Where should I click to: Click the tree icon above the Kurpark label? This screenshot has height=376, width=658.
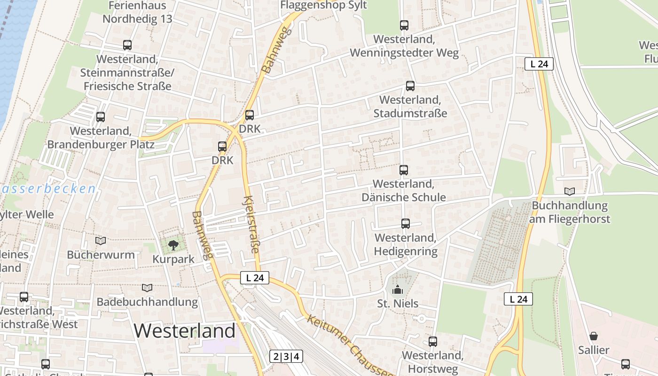click(x=173, y=244)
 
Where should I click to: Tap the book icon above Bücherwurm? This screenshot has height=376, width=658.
click(x=101, y=241)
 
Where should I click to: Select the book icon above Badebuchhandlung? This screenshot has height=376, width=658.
click(x=147, y=288)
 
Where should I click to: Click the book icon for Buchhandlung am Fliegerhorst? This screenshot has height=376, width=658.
click(x=570, y=191)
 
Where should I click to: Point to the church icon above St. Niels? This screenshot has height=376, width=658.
click(x=398, y=289)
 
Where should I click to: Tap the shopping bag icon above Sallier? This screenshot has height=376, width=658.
click(x=594, y=336)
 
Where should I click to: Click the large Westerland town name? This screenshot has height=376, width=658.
click(x=184, y=330)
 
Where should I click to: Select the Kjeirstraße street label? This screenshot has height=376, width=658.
click(x=251, y=224)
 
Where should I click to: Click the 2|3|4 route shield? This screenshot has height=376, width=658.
click(x=286, y=356)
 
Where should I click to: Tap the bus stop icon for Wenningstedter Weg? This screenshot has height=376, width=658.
click(x=404, y=25)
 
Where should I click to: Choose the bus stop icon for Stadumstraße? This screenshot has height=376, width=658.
click(x=410, y=86)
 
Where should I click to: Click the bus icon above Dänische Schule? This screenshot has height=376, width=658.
click(x=404, y=170)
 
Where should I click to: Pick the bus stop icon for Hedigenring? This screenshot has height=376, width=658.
click(x=406, y=224)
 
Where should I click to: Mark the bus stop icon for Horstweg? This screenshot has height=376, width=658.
click(x=433, y=342)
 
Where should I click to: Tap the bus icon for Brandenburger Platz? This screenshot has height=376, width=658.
click(x=101, y=117)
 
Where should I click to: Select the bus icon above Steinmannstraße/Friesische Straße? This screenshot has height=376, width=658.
click(x=127, y=45)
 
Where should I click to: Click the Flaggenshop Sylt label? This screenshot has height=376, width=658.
click(x=323, y=5)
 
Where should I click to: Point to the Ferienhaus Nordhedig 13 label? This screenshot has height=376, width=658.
click(x=137, y=13)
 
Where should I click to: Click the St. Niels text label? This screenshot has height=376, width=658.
click(x=398, y=304)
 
